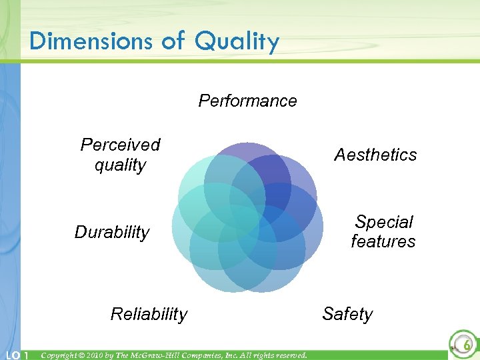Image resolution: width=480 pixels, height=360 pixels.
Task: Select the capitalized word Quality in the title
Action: coord(237,42)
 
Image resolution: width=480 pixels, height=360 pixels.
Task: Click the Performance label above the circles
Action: coord(247,101)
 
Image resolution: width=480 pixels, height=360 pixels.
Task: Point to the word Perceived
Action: coord(121,145)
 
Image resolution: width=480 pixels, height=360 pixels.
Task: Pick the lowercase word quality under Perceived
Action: coord(121,165)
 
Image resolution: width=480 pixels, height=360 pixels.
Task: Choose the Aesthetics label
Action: coord(375,155)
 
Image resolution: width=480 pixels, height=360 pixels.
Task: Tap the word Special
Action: coord(384,221)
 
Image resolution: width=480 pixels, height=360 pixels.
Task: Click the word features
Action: coord(383,241)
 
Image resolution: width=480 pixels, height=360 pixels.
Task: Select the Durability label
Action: coord(112,232)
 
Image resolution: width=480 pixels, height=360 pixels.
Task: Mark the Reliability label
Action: coord(149,314)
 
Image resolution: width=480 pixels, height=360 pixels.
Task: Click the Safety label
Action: coord(347,313)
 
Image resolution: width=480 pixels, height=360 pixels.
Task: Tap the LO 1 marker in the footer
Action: coord(15,355)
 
